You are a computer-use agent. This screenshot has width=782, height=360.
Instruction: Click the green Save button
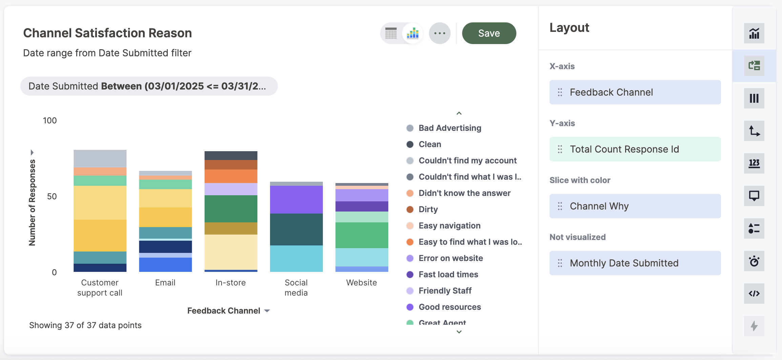[489, 33]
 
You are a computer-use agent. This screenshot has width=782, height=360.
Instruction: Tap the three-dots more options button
[439, 33]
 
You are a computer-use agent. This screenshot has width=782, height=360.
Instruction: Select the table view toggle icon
[391, 33]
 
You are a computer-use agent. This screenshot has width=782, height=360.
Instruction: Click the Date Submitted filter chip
[149, 86]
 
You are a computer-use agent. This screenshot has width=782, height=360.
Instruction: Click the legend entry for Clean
[430, 144]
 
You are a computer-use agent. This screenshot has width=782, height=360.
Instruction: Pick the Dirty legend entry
[428, 209]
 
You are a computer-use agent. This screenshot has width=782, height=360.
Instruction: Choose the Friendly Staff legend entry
[445, 291]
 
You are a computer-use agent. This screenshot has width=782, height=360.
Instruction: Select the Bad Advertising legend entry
[450, 128]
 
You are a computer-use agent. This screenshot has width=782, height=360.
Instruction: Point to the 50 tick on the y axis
[52, 197]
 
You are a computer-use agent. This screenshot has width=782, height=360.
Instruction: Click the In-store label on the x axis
[230, 283]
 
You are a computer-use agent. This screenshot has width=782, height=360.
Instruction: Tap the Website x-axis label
[362, 283]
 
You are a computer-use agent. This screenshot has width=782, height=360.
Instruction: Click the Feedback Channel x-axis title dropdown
[228, 311]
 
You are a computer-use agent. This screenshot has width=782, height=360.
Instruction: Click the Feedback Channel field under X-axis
[635, 92]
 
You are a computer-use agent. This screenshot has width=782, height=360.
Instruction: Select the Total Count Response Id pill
[635, 149]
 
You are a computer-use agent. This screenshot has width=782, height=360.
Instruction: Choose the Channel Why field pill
[635, 206]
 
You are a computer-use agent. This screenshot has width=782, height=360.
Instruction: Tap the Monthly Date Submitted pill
[635, 263]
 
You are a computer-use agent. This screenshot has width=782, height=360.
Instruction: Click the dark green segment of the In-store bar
[231, 209]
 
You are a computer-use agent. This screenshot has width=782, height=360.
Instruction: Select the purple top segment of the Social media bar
[296, 199]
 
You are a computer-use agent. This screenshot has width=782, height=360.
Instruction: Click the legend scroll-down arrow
[459, 332]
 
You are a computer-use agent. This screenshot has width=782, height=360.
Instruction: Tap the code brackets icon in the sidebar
[754, 294]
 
